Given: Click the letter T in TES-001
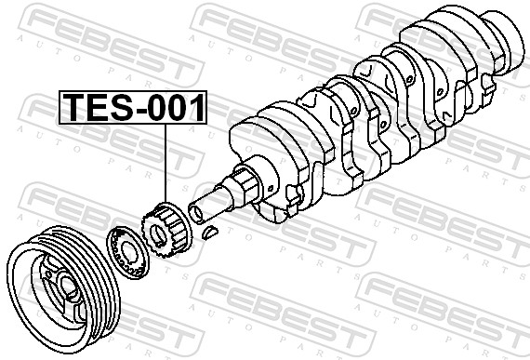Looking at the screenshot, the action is pos(75,107).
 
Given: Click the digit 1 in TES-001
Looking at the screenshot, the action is pos(196,107).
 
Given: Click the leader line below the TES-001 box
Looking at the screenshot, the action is pos(166,163).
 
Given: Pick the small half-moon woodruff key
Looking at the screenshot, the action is pos(210,233).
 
